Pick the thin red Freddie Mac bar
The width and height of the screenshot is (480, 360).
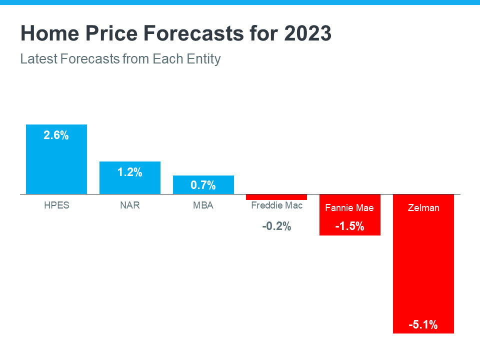point(276,197)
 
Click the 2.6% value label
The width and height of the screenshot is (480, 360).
point(56,135)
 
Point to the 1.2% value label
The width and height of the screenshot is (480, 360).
point(130,172)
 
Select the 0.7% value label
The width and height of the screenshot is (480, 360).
point(203,185)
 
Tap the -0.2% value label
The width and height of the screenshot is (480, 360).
point(276,226)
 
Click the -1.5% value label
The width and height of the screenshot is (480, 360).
point(349,226)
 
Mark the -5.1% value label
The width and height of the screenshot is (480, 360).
point(423,325)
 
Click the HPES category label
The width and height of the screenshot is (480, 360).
point(56,205)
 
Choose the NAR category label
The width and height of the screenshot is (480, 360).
point(130,205)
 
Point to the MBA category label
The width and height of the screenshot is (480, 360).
point(203,205)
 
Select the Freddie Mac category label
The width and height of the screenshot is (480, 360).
point(276,205)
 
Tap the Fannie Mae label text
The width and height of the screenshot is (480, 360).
point(349,207)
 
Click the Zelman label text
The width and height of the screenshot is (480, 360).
point(423,207)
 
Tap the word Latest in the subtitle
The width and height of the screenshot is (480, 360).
point(38,59)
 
